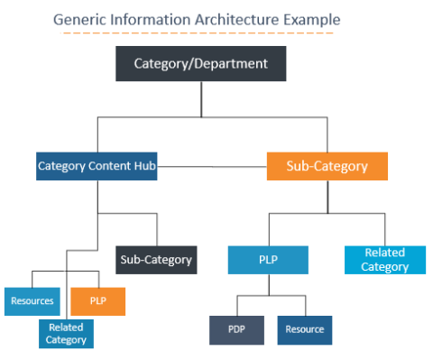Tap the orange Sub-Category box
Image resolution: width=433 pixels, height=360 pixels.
(327, 167)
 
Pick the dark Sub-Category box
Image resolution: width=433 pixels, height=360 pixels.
(156, 260)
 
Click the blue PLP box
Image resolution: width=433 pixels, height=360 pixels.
(267, 260)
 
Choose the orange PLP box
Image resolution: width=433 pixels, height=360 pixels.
(97, 300)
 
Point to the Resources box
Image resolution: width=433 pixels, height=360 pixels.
(32, 300)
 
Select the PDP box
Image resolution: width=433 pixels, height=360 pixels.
(236, 329)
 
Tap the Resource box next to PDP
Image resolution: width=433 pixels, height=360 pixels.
(304, 329)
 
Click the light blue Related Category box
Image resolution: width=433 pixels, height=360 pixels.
(384, 260)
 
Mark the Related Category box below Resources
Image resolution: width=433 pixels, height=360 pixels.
(66, 333)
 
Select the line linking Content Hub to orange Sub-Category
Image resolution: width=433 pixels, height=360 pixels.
(211, 167)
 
